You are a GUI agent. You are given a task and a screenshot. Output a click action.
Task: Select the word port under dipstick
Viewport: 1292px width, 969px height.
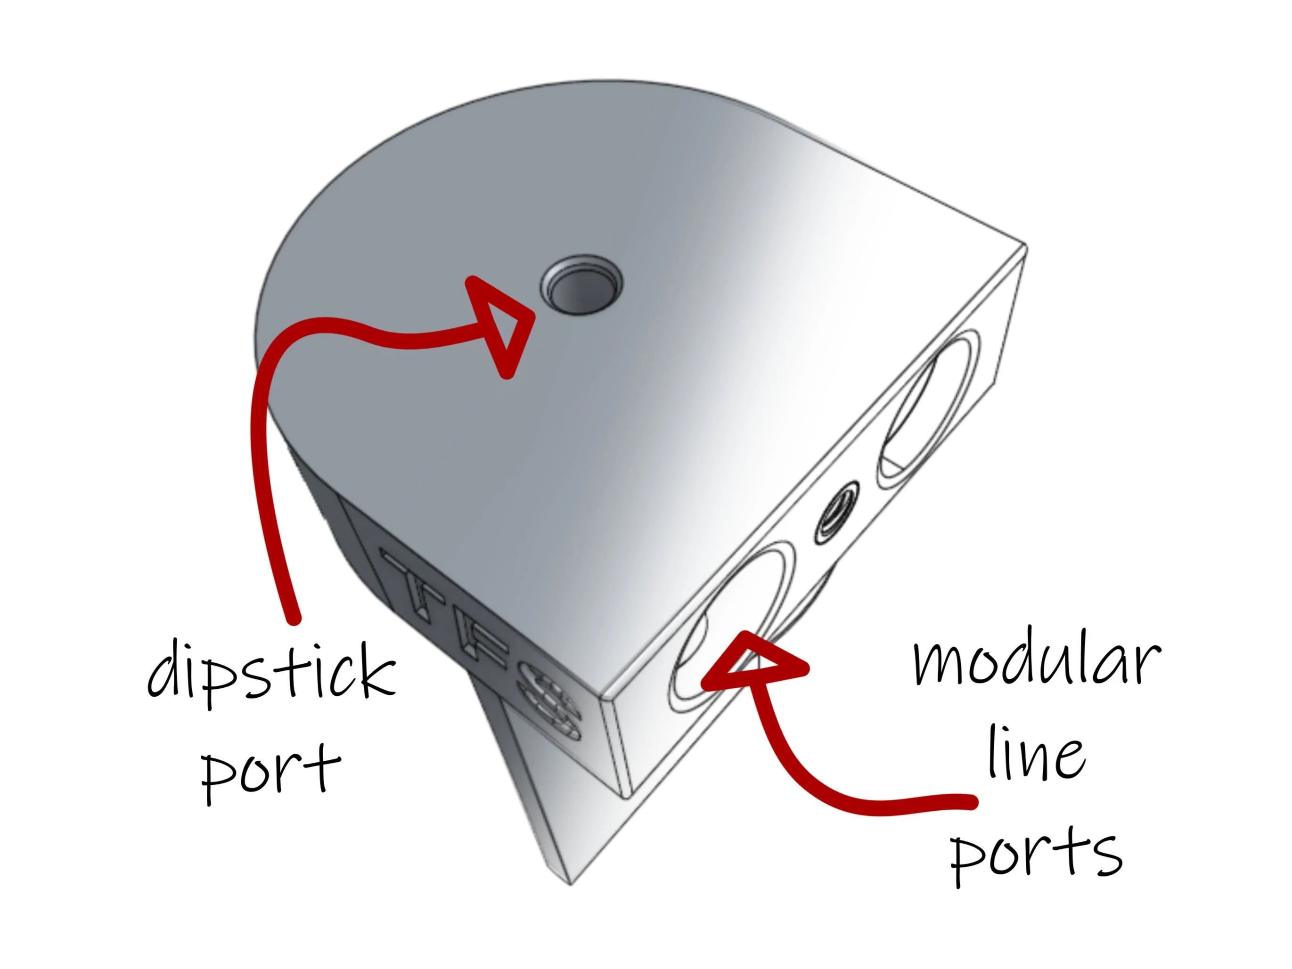[x=270, y=770]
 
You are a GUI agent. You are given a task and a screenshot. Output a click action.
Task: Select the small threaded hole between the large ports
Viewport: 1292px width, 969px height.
[x=836, y=513]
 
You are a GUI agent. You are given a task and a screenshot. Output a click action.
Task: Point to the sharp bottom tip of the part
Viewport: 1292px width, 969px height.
[x=571, y=884]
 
